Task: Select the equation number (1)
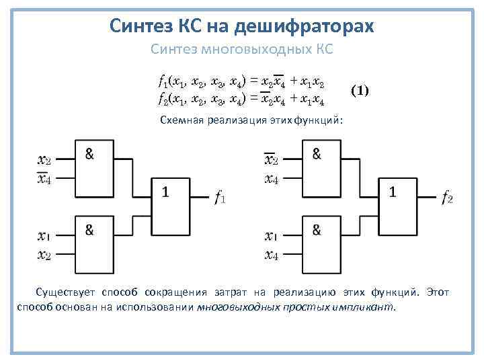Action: tap(360, 89)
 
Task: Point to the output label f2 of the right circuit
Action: tap(447, 197)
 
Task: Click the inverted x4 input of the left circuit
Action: tap(44, 178)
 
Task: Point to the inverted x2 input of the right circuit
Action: tap(271, 159)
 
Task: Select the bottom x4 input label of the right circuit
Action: tap(272, 255)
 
